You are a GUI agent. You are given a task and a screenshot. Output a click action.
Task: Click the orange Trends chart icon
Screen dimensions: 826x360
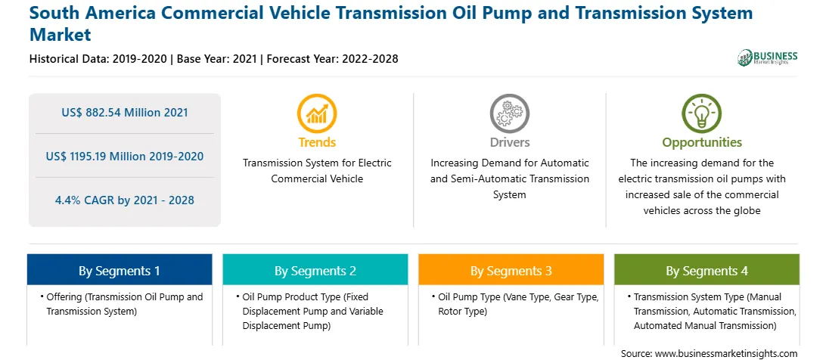pos(317,113)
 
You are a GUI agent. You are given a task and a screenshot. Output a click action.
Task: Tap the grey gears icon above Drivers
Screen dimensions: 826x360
pos(509,113)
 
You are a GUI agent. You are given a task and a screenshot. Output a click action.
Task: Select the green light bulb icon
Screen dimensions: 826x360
pos(702,113)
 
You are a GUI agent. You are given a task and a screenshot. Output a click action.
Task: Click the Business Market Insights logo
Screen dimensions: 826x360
pos(768,57)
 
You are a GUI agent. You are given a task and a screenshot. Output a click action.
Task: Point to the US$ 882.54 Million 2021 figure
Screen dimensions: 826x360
pos(124,112)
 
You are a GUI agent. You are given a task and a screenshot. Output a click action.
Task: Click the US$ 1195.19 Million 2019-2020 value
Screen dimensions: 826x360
pos(124,156)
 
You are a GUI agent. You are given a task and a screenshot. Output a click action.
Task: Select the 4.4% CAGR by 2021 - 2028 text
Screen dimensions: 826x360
pos(124,200)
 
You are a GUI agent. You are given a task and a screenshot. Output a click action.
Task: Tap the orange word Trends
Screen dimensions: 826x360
pos(317,142)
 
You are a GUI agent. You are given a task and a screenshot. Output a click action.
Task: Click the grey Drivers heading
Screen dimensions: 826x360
pos(509,142)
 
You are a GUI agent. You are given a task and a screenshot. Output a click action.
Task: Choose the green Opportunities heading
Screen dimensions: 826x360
pos(702,142)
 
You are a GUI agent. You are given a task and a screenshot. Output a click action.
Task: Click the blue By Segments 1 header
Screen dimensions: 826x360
pos(120,270)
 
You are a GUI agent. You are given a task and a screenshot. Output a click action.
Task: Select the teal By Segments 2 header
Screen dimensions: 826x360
pos(315,270)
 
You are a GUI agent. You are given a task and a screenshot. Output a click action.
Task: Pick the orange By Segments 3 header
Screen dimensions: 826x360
pos(511,270)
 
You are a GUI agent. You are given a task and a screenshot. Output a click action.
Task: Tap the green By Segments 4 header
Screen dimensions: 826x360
pos(707,270)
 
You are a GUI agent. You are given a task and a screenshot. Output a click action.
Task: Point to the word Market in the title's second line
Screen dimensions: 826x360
pos(61,35)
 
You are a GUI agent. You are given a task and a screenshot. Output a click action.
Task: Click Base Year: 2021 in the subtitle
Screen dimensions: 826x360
pos(216,58)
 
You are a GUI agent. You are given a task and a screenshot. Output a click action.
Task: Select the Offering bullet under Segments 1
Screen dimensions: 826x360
pos(122,304)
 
